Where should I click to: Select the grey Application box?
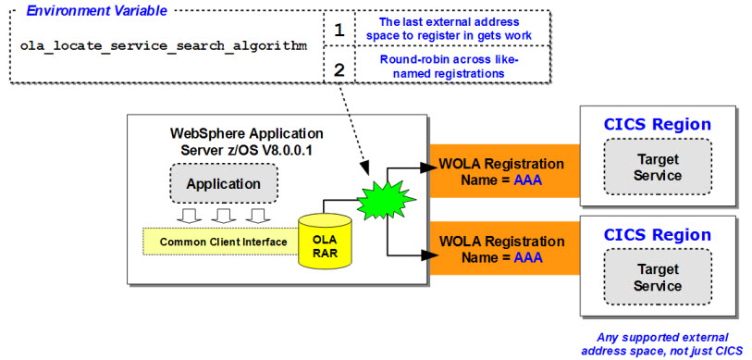(224, 183)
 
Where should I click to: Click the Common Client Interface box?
(223, 242)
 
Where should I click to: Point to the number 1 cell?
(339, 30)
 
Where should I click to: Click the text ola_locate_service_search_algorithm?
(164, 46)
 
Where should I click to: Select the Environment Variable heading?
(97, 10)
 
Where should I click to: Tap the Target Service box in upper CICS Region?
(658, 166)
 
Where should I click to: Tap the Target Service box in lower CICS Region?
(658, 277)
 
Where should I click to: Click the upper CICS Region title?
(658, 124)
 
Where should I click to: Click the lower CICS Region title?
(658, 235)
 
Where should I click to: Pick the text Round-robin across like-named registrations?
(450, 67)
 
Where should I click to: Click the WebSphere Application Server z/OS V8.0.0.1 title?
(247, 140)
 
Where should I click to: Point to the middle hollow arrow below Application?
(223, 216)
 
